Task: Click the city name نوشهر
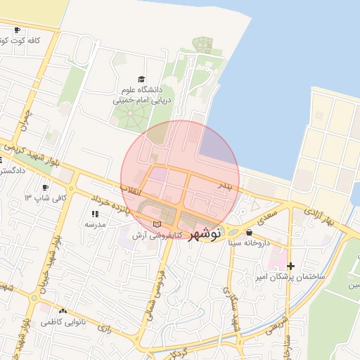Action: pos(207,232)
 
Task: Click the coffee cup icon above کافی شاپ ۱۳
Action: pos(46,187)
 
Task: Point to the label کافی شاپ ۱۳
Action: pos(46,198)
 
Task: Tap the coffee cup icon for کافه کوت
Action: pos(17,30)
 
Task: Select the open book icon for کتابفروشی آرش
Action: pos(166,224)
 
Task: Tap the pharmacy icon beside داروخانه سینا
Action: pos(250,232)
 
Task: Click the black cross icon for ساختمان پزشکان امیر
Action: pos(290,266)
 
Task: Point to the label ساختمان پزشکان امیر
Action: pos(290,277)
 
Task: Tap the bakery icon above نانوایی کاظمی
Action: pos(63,311)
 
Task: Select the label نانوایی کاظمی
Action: pos(63,321)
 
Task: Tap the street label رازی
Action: pos(105,328)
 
